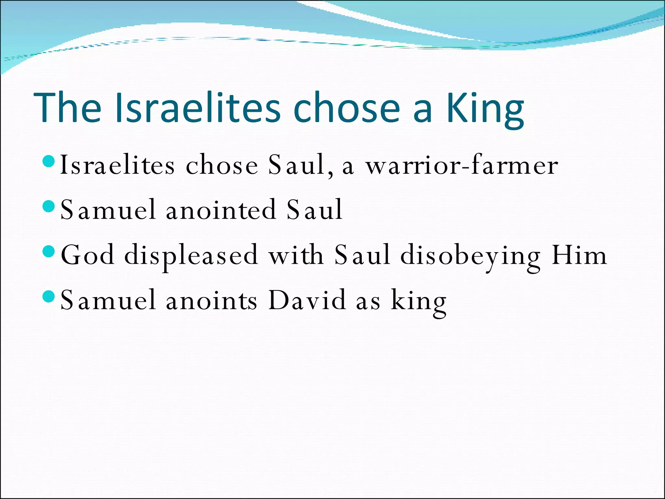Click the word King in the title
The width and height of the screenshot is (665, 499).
point(485,109)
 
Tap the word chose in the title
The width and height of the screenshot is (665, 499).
point(346,108)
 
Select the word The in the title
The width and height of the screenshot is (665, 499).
point(67,108)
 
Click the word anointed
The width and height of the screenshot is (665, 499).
point(221,210)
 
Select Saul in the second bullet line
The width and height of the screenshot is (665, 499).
point(314,210)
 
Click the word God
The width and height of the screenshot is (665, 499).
point(88,255)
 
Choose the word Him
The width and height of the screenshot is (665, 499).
point(579,255)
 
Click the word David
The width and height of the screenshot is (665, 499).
point(307,301)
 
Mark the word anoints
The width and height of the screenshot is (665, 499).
point(211,301)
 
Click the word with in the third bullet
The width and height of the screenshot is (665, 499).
point(296,255)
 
